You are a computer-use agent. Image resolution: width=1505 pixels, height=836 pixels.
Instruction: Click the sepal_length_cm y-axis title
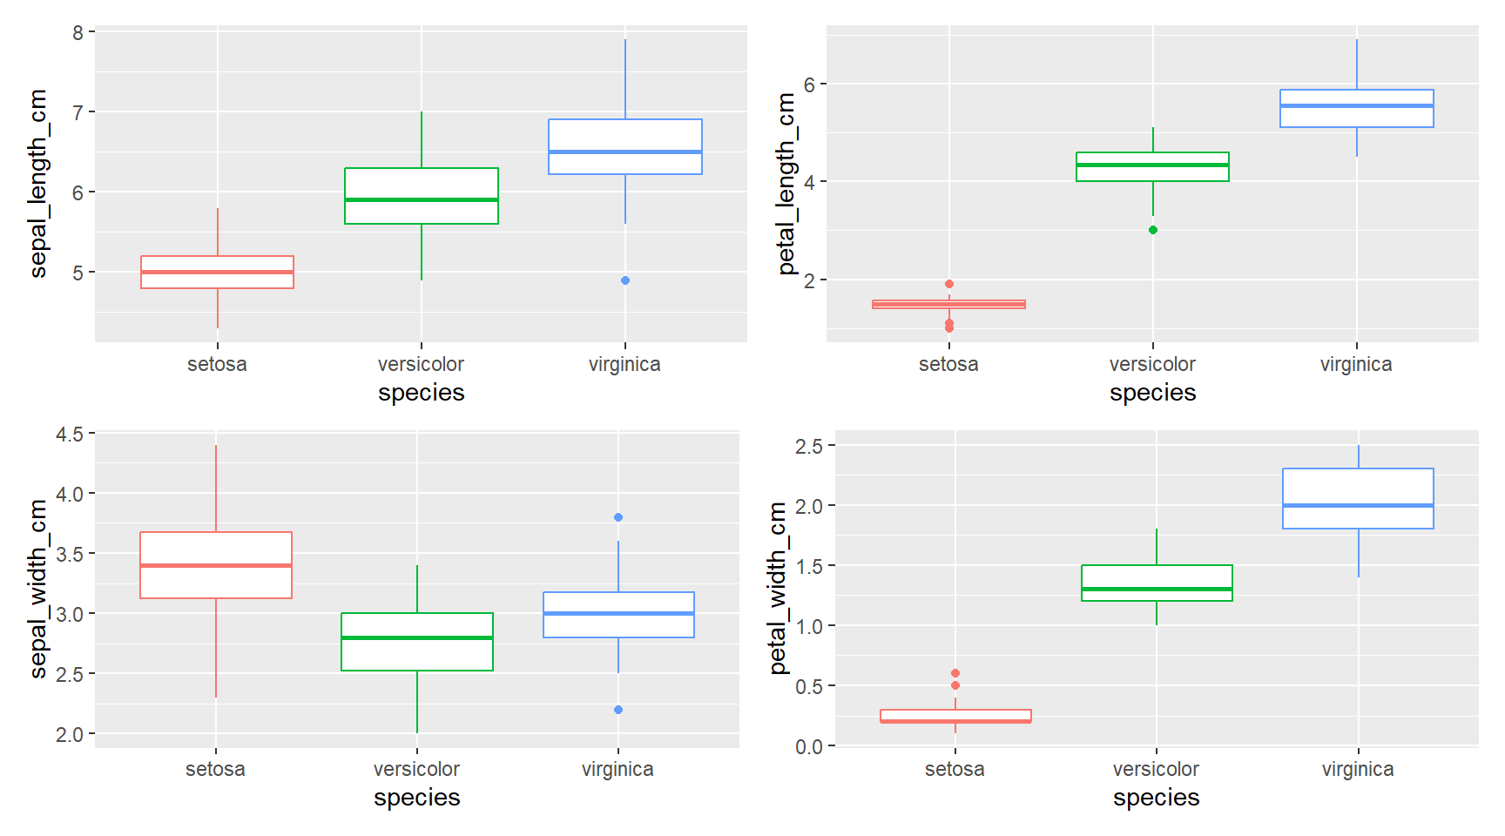(38, 184)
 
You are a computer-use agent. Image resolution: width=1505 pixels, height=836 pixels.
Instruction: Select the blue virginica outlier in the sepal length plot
(625, 280)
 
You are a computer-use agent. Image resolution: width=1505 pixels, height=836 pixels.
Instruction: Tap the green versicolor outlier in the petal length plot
(1153, 230)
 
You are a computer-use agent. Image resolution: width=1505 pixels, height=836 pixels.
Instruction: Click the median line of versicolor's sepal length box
(422, 199)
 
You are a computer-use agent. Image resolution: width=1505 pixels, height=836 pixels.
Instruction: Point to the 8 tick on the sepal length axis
(78, 32)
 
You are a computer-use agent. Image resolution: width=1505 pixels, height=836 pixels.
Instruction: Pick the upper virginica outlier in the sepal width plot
(618, 517)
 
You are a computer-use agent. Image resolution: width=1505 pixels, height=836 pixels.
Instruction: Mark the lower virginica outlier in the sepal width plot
(618, 710)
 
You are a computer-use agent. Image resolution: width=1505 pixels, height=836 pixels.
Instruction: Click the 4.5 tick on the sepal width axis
(70, 434)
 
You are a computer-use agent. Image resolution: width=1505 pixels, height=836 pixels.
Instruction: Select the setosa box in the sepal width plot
(216, 565)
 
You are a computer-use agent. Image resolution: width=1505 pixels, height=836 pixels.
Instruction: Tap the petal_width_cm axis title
(778, 588)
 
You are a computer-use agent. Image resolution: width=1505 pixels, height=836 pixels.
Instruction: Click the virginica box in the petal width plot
(1358, 498)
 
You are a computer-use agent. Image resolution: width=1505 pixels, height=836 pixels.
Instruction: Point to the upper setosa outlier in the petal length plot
(949, 284)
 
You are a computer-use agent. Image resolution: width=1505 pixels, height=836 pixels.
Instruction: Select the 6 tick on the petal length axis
(810, 84)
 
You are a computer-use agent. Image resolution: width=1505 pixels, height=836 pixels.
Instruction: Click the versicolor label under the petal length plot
(1152, 364)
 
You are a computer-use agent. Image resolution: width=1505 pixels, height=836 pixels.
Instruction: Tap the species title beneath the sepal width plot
(417, 798)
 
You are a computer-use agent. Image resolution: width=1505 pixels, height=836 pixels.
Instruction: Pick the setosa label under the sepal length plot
(217, 364)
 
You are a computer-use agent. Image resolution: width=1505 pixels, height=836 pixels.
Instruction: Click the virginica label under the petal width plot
(1358, 769)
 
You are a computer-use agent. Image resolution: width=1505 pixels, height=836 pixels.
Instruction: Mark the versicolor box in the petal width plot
(1157, 583)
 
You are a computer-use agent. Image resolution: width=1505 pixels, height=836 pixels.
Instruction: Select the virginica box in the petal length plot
(1356, 109)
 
